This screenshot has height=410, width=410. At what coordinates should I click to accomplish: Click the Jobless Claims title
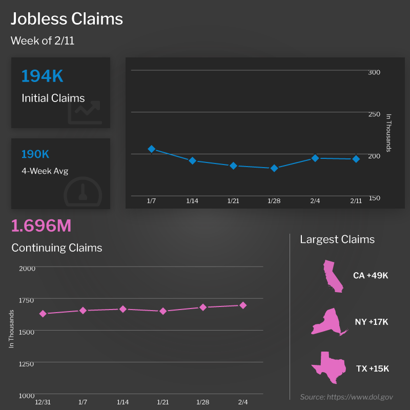tap(67, 19)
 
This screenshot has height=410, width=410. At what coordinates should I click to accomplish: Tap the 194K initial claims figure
tap(42, 76)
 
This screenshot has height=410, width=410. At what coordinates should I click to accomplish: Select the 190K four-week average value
tap(35, 154)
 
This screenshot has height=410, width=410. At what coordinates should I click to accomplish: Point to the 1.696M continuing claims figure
tap(41, 225)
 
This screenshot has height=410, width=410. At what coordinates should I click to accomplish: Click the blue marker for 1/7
tap(152, 149)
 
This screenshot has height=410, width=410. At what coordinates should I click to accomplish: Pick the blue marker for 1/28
tap(274, 168)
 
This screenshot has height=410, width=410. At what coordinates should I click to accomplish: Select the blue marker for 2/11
tap(356, 159)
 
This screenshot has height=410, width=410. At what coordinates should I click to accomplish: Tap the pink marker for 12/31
tap(43, 314)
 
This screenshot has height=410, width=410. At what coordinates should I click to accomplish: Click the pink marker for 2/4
tap(243, 305)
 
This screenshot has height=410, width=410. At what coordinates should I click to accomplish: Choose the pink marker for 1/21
tap(163, 311)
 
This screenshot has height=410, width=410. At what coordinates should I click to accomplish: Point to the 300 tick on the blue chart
tap(374, 72)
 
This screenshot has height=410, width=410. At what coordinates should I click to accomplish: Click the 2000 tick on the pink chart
tap(27, 268)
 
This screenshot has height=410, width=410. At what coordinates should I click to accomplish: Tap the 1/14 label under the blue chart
tap(192, 201)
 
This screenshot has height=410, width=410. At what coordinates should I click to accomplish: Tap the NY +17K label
tap(372, 322)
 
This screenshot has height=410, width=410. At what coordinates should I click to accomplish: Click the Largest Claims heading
tap(337, 239)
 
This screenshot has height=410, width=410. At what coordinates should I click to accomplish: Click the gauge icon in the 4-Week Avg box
tap(83, 192)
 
